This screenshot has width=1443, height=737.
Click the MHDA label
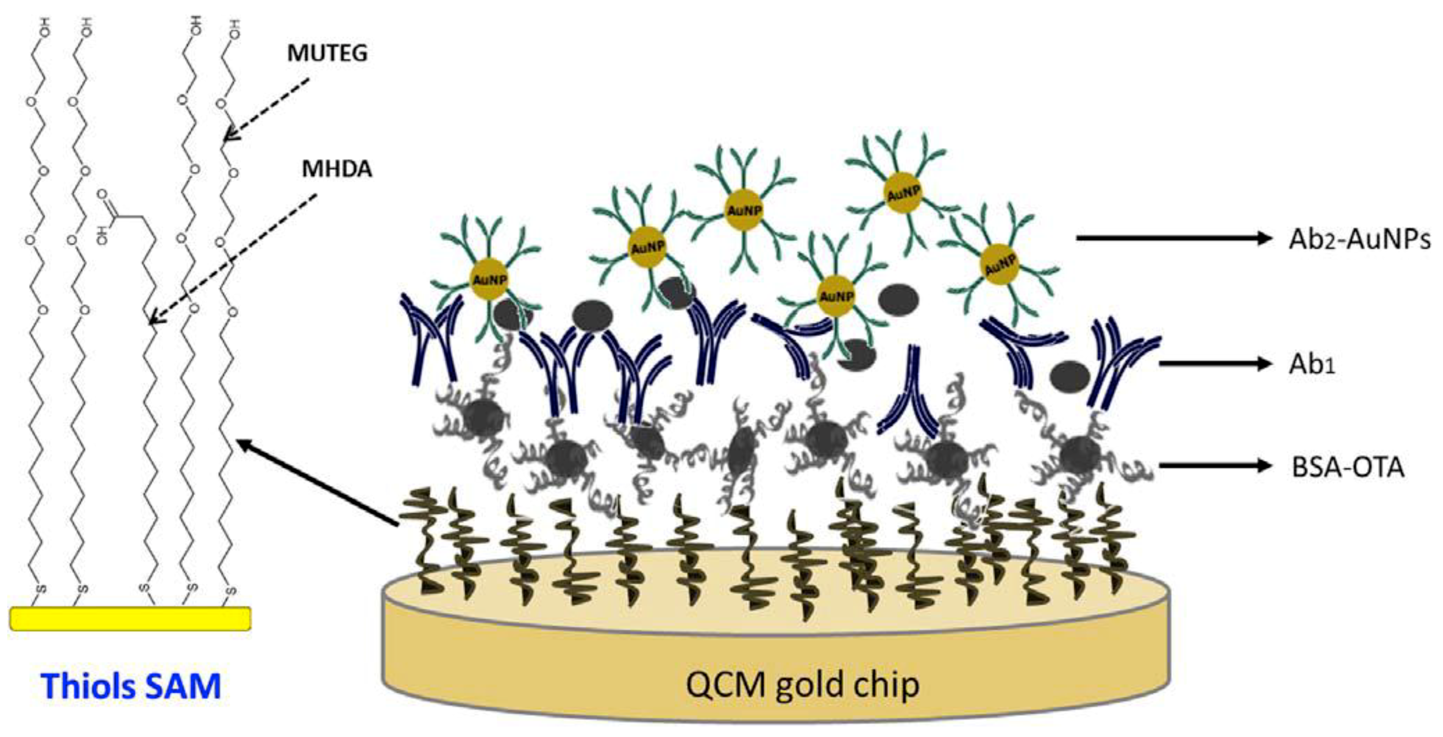point(337,168)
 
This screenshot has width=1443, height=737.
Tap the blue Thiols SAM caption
point(131,686)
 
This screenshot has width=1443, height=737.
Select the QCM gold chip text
point(802,684)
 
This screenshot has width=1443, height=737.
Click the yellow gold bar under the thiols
point(130,618)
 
